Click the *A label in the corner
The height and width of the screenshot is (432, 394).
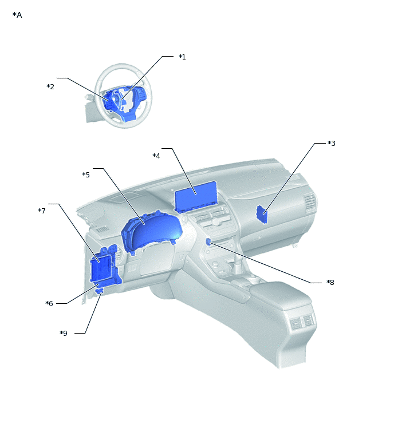point(17,15)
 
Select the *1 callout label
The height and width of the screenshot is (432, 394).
point(182,57)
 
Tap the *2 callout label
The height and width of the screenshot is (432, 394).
point(50,86)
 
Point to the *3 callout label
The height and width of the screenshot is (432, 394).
point(332,143)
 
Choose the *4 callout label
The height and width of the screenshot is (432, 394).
point(156,156)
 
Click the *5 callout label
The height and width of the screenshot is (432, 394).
point(86,175)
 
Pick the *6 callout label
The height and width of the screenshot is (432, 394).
point(49,303)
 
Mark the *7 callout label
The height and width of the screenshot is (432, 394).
point(42,211)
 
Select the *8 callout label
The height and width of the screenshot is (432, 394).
point(330,282)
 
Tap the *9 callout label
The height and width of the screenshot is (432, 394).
point(64,334)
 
